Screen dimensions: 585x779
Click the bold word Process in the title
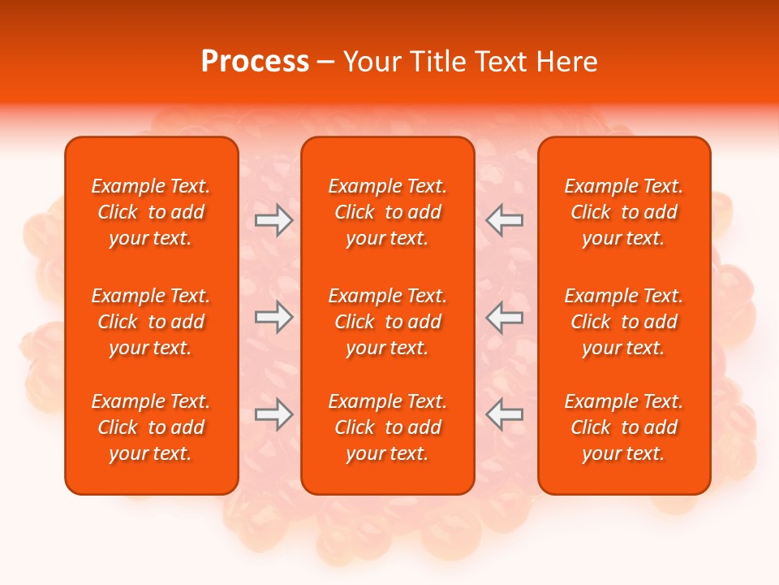click(255, 62)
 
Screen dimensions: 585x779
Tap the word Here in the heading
click(566, 62)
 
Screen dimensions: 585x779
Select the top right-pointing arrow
click(274, 220)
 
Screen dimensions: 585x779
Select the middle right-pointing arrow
click(274, 317)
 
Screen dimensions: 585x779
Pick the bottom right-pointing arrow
click(274, 414)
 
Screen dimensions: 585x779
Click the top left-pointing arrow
click(504, 220)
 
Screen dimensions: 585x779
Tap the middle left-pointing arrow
click(504, 317)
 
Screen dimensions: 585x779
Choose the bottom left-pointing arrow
click(504, 414)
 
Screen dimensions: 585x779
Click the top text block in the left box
click(151, 212)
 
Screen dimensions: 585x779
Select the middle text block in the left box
click(151, 322)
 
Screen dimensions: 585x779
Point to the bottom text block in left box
click(151, 427)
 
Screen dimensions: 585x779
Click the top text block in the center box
click(387, 212)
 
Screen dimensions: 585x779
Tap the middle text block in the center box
click(387, 322)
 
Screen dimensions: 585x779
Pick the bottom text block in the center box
click(387, 427)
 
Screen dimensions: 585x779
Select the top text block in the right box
click(624, 212)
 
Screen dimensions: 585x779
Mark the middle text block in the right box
click(624, 322)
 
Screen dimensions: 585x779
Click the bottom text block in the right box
click(624, 427)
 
